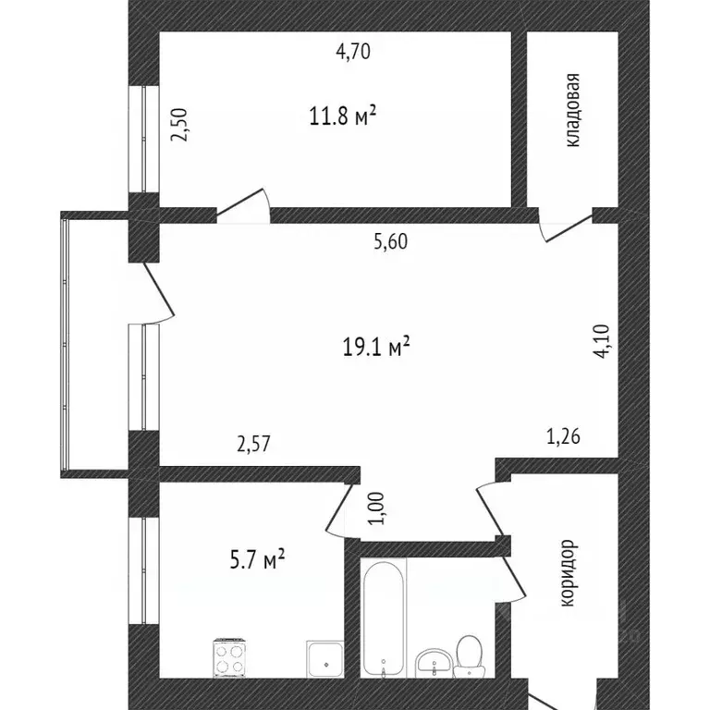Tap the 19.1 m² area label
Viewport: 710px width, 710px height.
(375, 347)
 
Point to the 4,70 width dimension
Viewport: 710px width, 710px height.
(352, 52)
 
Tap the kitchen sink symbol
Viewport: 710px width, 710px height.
(324, 657)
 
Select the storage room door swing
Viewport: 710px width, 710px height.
(566, 226)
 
